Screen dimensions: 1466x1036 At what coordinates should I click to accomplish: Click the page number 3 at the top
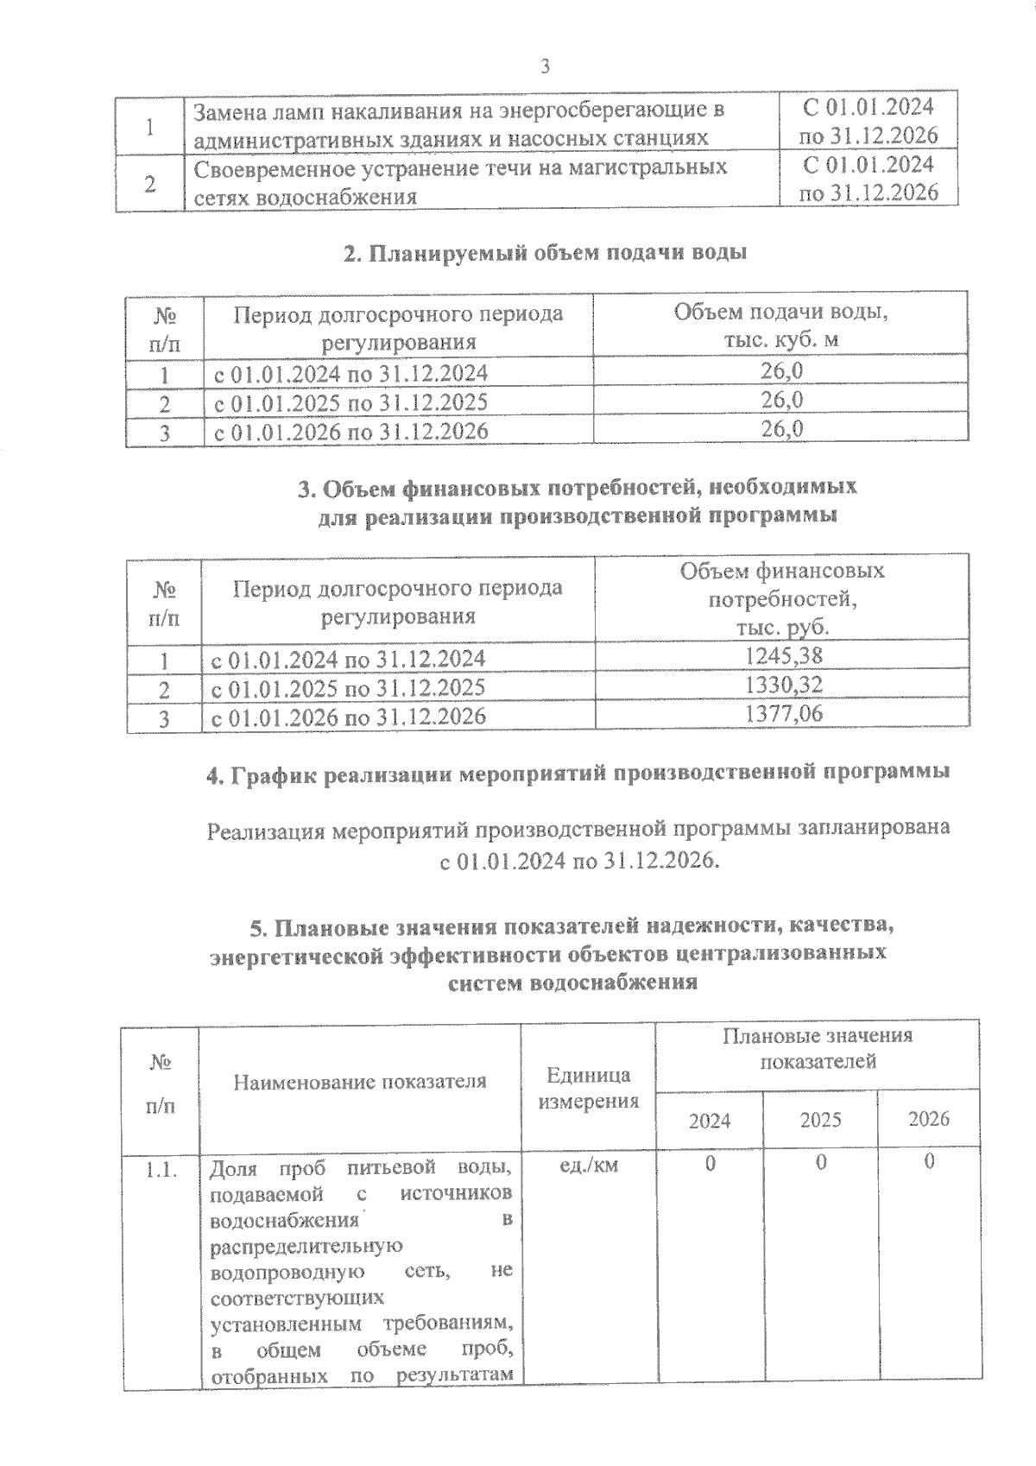(x=544, y=66)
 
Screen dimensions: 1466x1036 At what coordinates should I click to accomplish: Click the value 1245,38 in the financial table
(x=783, y=656)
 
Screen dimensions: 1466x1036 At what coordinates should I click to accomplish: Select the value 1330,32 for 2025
(x=783, y=686)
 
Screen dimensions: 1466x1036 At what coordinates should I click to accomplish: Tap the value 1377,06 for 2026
(x=783, y=714)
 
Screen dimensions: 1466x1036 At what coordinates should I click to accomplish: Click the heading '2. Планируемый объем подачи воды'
(x=545, y=253)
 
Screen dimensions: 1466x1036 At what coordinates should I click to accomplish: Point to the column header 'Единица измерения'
(x=588, y=1088)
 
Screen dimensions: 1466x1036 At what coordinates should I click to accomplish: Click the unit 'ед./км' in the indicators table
(x=589, y=1165)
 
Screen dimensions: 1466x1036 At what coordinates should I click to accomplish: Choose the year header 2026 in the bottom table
(x=929, y=1119)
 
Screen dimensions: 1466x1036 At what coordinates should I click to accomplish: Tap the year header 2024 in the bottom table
(x=710, y=1121)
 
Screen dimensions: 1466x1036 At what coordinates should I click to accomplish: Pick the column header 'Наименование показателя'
(x=360, y=1082)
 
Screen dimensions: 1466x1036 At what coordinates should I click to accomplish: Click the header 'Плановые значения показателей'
(x=818, y=1048)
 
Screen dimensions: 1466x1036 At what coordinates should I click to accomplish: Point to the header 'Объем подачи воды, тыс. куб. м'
(x=780, y=325)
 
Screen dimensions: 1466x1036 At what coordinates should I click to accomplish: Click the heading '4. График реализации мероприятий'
(x=578, y=774)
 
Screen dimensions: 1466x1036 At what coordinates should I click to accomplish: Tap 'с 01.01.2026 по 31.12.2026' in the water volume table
(x=351, y=431)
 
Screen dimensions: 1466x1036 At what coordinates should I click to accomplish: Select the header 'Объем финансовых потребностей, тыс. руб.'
(x=782, y=598)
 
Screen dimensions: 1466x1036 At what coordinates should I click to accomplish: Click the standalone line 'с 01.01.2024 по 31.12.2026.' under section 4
(x=578, y=862)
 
